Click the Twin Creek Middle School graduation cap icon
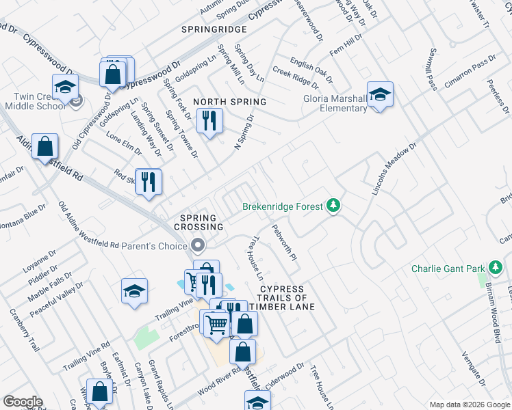[66, 87]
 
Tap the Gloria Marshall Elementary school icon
[380, 94]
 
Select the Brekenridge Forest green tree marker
[333, 205]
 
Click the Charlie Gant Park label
[448, 269]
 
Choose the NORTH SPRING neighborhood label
[229, 102]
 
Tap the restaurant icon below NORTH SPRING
[209, 122]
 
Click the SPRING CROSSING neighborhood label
[199, 221]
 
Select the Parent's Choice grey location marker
[198, 245]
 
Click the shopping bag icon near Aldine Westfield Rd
[44, 146]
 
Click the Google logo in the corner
[23, 402]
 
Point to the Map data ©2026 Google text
[469, 405]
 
